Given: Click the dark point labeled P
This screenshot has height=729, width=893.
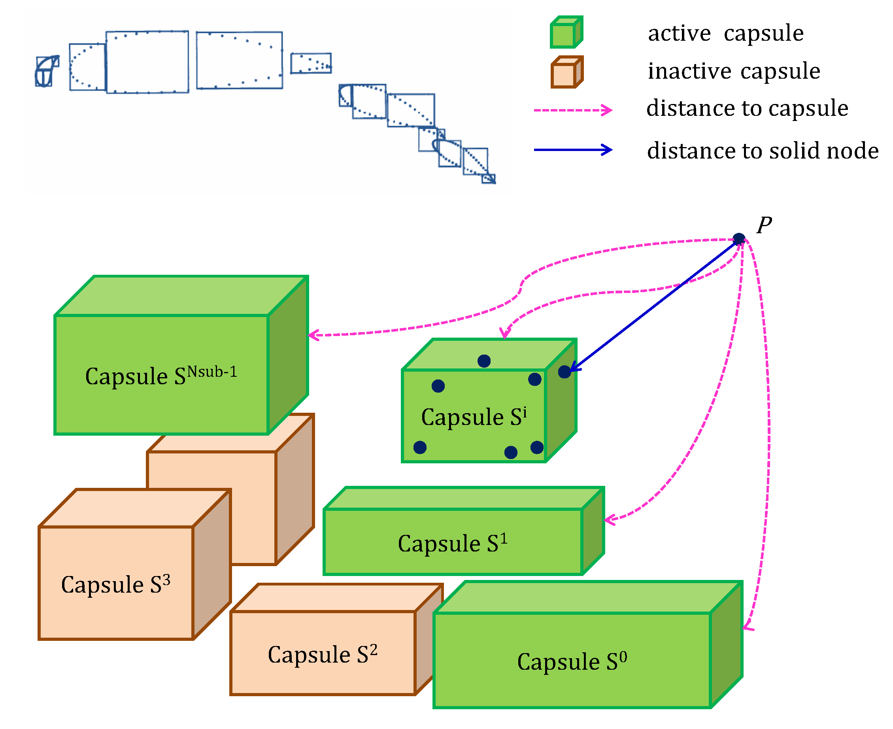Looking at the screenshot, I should pyautogui.click(x=739, y=239).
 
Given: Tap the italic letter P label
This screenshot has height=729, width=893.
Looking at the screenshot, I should pyautogui.click(x=764, y=225).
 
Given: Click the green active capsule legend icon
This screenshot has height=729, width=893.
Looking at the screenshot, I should pyautogui.click(x=566, y=32).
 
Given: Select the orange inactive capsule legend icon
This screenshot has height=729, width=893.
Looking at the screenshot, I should pyautogui.click(x=567, y=72).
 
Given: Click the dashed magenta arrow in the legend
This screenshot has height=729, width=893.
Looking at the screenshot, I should pyautogui.click(x=573, y=110).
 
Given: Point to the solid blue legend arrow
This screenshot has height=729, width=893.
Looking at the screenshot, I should pyautogui.click(x=573, y=149).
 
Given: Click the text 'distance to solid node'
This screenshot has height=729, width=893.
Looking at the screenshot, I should pyautogui.click(x=763, y=150).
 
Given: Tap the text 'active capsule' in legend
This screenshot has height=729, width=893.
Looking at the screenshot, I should pyautogui.click(x=725, y=33).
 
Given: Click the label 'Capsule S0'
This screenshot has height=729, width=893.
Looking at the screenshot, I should pyautogui.click(x=572, y=661).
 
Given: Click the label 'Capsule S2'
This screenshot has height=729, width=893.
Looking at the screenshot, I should pyautogui.click(x=323, y=654).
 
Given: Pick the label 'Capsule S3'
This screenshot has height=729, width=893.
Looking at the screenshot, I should pyautogui.click(x=115, y=584).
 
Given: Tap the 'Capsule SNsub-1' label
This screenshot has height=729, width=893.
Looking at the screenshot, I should pyautogui.click(x=161, y=375).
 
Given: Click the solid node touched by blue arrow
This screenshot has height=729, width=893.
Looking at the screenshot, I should pyautogui.click(x=564, y=371).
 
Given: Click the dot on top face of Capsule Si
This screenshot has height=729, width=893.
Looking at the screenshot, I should pyautogui.click(x=484, y=361).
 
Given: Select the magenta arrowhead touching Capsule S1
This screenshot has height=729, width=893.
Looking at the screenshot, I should pyautogui.click(x=609, y=520).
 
